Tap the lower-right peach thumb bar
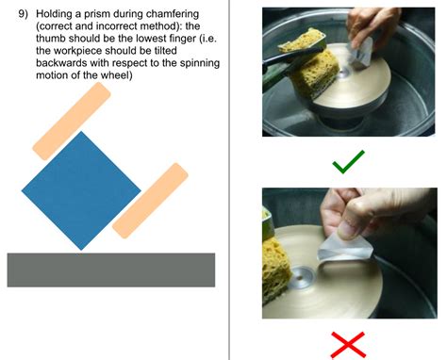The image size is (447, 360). coord(150,200)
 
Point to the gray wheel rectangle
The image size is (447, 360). coord(110,270)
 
